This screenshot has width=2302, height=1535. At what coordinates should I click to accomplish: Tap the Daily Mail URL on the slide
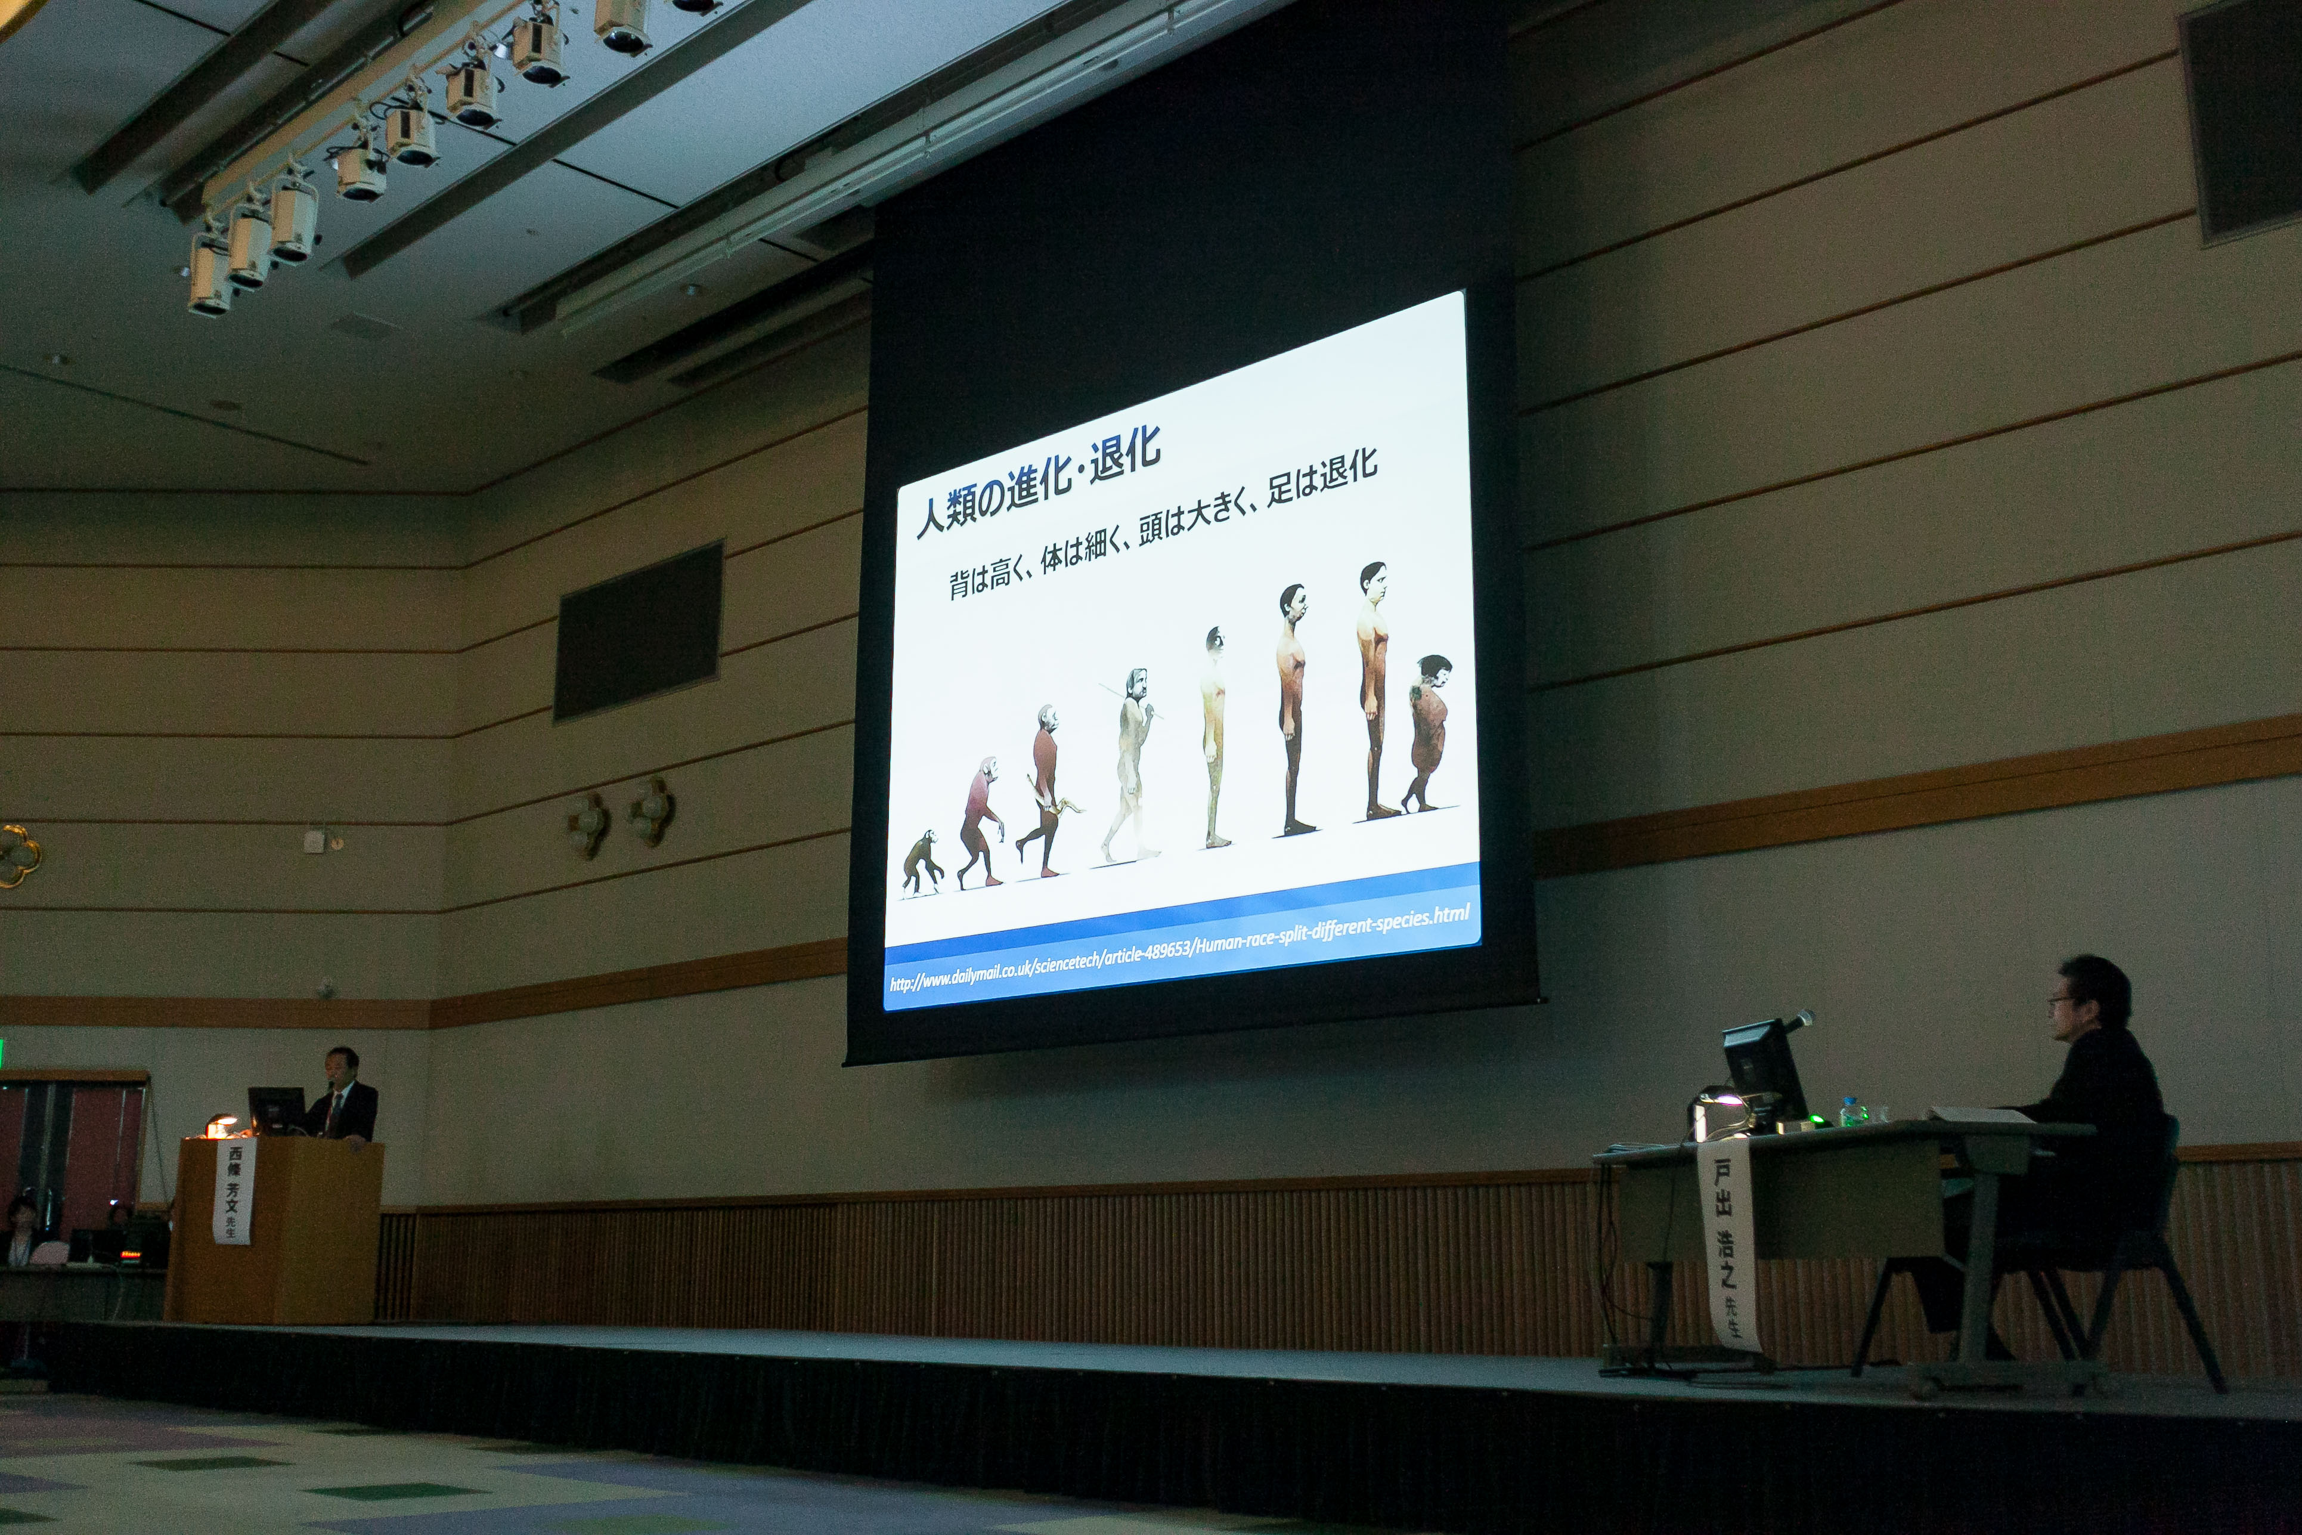[1179, 949]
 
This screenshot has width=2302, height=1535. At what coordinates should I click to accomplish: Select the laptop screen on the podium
[274, 1109]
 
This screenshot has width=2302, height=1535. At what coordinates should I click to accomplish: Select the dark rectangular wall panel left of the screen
[638, 632]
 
